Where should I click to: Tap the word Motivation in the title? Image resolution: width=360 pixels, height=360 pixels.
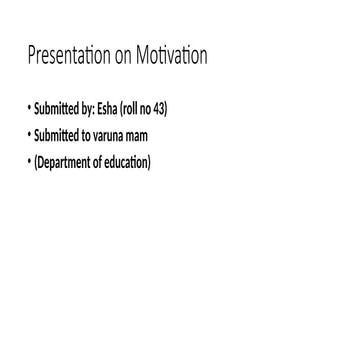171,56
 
